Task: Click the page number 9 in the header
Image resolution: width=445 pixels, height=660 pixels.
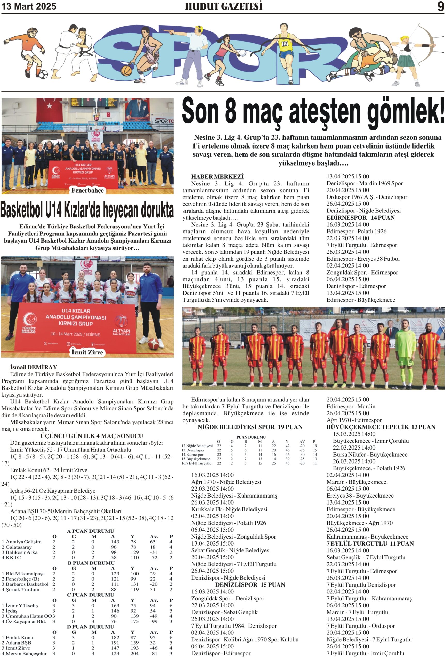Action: coord(440,6)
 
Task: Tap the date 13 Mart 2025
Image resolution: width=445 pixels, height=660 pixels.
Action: coord(29,6)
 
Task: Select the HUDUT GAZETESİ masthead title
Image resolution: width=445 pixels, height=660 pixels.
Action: coord(224,6)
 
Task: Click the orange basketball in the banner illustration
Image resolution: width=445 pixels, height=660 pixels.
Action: coord(126,70)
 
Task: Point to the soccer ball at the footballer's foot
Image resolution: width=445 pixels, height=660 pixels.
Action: coord(43,75)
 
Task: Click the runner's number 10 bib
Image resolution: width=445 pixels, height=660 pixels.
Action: coord(285,44)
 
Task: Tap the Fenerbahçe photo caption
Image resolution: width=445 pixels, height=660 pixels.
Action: coord(87,190)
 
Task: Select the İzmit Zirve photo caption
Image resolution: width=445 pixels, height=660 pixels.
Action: coord(87,352)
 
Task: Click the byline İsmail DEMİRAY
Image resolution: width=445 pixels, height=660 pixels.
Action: coord(34,367)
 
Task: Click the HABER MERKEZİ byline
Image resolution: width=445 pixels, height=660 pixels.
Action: coord(217,176)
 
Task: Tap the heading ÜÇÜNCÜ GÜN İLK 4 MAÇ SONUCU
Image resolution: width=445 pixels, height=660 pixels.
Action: coord(92,436)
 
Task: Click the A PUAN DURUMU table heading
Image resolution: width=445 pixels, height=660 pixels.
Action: coord(91,531)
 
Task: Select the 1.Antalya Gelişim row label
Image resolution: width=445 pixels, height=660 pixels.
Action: coord(22,542)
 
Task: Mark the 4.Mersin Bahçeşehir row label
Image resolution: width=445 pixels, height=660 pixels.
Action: coord(24,653)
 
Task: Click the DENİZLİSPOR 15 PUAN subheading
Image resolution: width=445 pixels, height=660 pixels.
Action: coord(250,584)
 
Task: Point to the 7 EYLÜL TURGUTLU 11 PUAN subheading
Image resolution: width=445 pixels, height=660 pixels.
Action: coord(370,543)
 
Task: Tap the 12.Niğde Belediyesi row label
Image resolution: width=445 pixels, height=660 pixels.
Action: coord(197,445)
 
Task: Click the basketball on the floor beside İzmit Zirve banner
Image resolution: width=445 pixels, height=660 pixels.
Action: coord(153,343)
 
